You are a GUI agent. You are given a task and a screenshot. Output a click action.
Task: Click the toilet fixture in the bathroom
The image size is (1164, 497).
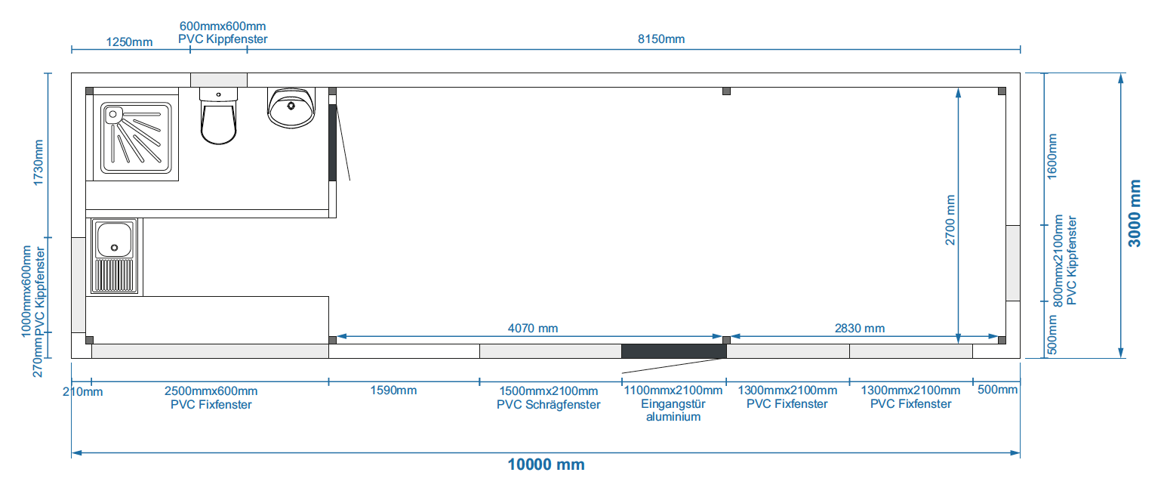click(219, 118)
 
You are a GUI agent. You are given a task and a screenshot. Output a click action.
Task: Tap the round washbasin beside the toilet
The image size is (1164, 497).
click(291, 108)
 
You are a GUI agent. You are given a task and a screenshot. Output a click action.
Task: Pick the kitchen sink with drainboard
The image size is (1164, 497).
click(115, 256)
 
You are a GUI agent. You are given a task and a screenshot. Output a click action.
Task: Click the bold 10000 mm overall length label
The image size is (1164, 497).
click(546, 465)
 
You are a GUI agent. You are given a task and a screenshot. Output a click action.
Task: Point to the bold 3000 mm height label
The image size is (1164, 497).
click(1134, 213)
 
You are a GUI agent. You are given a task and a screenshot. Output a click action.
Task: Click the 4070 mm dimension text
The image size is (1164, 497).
click(533, 329)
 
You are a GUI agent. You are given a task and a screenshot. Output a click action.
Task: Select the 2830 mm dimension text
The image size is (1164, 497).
click(860, 329)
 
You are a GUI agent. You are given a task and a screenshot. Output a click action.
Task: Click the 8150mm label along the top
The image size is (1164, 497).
click(661, 39)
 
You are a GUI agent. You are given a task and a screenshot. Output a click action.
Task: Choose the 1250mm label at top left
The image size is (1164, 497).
click(129, 42)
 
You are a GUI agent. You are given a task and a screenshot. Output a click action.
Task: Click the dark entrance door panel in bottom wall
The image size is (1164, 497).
click(673, 351)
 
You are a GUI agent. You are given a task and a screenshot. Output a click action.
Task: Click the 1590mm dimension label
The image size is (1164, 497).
click(393, 390)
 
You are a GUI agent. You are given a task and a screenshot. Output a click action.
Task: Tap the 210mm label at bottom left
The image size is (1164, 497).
click(82, 391)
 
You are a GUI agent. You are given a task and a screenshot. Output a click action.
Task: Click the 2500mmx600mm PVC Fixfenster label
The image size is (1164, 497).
click(211, 397)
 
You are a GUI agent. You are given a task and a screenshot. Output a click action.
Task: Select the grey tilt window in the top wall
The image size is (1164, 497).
click(219, 80)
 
